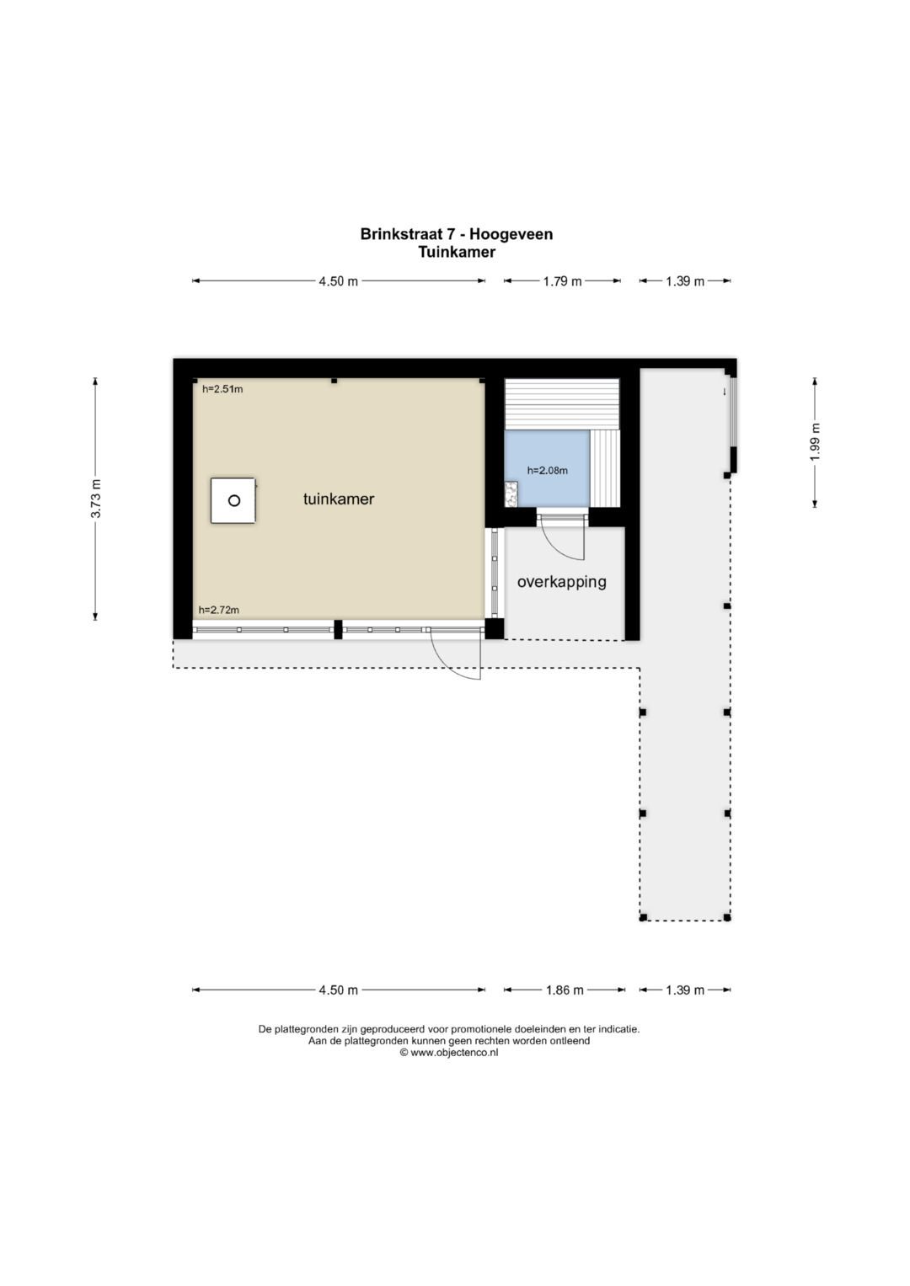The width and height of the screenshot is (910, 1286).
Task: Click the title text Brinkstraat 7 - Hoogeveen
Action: click(x=456, y=234)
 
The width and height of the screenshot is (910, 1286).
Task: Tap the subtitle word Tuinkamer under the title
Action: click(x=457, y=252)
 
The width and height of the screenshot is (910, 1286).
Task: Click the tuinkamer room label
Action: click(x=339, y=499)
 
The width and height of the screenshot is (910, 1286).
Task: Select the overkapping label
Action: click(x=561, y=582)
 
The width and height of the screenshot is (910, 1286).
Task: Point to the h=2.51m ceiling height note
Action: click(x=222, y=389)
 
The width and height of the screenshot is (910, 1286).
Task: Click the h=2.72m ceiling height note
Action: click(x=218, y=610)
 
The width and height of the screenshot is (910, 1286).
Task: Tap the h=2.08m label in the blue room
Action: click(x=548, y=471)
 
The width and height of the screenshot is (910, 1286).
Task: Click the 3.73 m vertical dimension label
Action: click(x=96, y=499)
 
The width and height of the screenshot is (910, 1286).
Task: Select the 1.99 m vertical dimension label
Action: click(x=815, y=442)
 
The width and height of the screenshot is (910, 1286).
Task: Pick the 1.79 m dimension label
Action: click(x=563, y=281)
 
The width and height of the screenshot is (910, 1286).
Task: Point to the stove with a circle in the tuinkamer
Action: click(x=233, y=500)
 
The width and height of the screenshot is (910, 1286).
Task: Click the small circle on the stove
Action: click(x=234, y=500)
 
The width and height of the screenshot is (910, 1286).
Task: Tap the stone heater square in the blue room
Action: click(x=511, y=494)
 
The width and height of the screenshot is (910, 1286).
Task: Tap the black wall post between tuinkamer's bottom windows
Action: click(x=339, y=629)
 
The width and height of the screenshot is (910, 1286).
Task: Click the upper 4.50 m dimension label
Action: click(x=339, y=281)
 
